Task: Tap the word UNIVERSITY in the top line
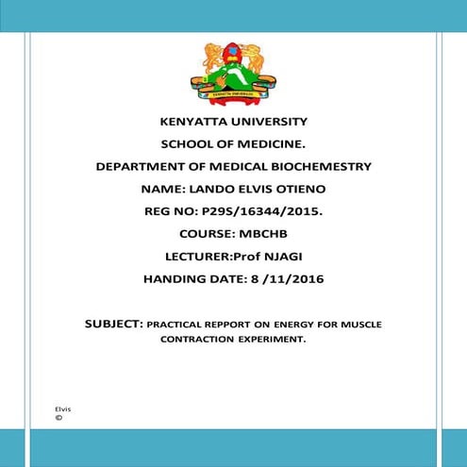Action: [269, 122]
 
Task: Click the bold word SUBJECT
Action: [112, 324]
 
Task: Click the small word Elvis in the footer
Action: [63, 409]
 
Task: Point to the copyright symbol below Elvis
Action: [59, 416]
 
